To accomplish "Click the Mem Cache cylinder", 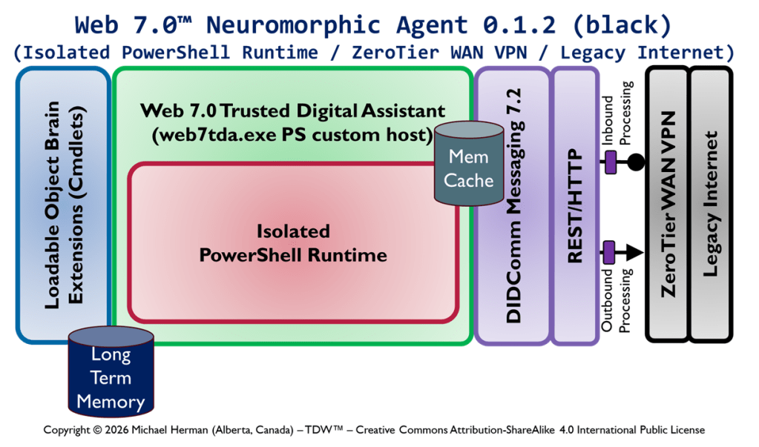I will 469,168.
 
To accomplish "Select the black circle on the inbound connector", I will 635,162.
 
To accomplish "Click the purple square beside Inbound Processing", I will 611,162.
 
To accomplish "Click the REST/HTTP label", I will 574,205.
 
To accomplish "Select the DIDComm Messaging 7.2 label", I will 513,205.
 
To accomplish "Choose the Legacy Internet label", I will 711,204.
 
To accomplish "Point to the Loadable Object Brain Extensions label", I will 64,205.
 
